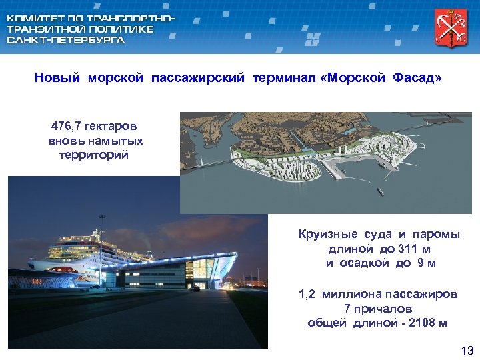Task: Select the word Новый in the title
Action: click(x=59, y=79)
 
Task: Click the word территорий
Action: click(x=94, y=155)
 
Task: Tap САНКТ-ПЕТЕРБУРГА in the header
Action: click(x=65, y=40)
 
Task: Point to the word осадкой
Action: click(x=365, y=263)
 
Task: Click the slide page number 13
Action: click(x=467, y=351)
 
